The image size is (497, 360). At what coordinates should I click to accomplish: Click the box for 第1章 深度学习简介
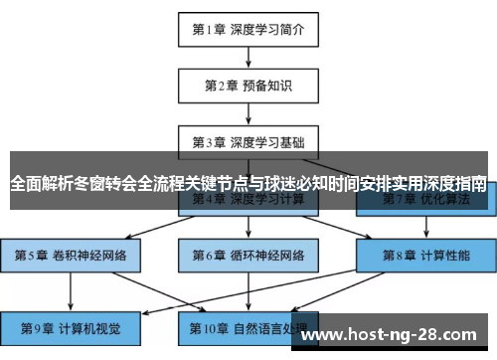(248, 29)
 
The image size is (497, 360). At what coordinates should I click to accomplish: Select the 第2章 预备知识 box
(248, 85)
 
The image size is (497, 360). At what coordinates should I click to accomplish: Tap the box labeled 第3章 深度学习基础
(248, 140)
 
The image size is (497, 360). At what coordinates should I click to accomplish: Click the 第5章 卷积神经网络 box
(71, 255)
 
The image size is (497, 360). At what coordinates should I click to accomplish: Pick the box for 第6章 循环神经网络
(248, 255)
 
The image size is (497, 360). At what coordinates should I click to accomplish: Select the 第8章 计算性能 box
(427, 255)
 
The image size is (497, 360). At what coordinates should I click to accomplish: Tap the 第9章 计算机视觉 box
(71, 327)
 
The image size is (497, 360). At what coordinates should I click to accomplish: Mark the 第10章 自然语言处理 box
(248, 327)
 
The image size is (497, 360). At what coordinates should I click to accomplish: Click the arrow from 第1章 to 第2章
(248, 57)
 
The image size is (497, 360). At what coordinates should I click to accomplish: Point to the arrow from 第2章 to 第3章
(248, 112)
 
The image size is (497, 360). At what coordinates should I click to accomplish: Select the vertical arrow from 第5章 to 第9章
(71, 290)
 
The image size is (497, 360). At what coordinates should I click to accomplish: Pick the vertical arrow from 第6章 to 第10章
(248, 290)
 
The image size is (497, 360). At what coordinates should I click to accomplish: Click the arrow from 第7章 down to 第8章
(427, 227)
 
